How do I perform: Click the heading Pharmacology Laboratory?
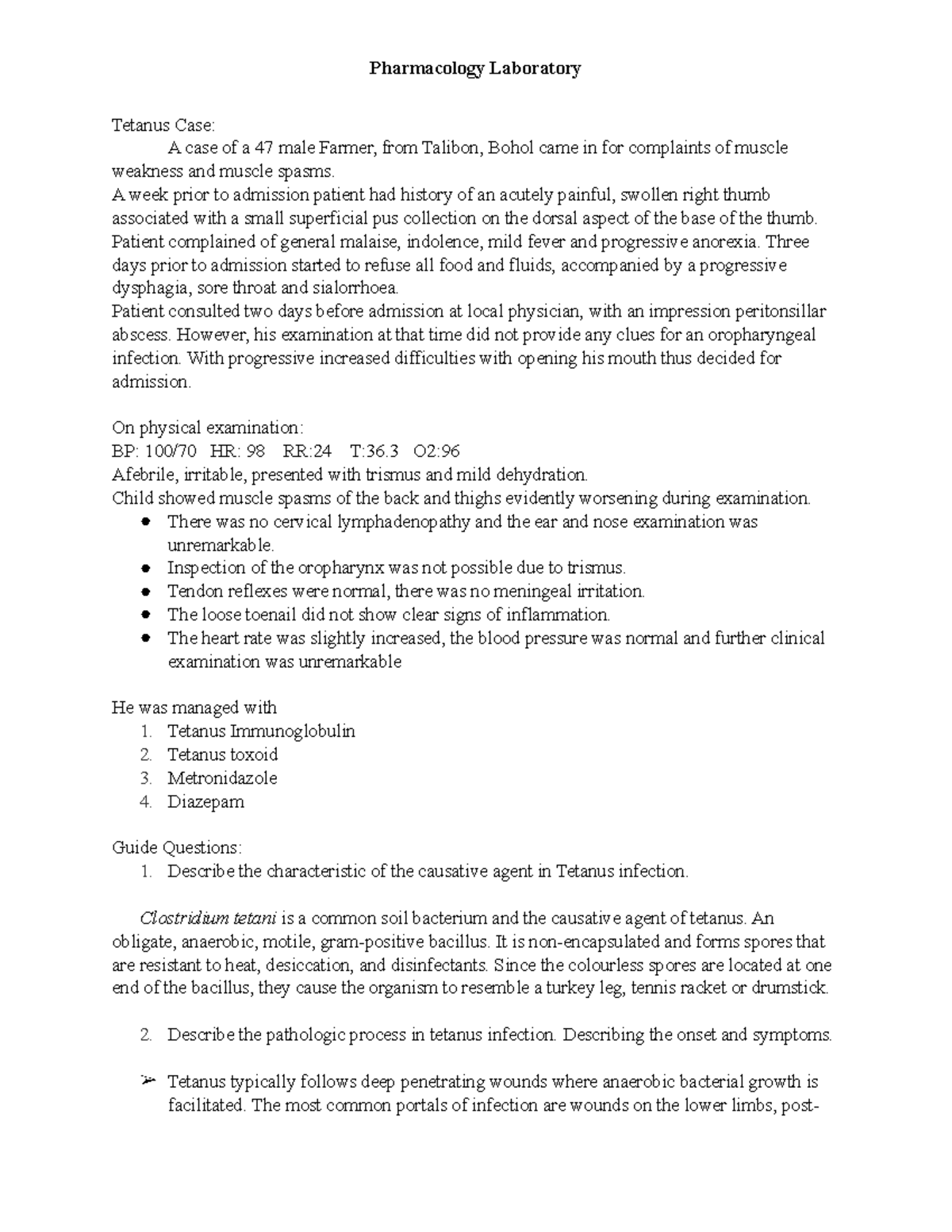(474, 69)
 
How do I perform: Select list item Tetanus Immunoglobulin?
(261, 731)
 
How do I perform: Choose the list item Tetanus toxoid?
(222, 754)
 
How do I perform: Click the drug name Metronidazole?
(222, 778)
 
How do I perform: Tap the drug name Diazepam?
(205, 801)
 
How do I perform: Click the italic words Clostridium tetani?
(208, 919)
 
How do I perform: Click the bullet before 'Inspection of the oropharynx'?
(145, 569)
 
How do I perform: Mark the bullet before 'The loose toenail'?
(145, 615)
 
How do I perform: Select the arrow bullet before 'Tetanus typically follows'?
(146, 1080)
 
